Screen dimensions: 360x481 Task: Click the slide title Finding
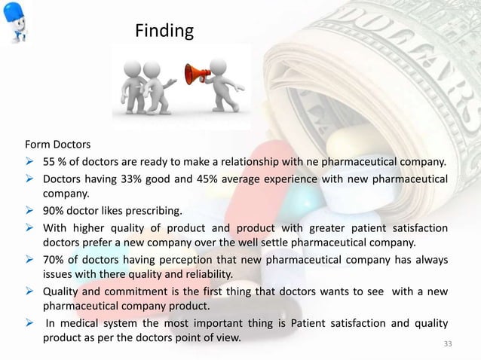coord(164,31)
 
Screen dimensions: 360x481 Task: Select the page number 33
coord(449,345)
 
